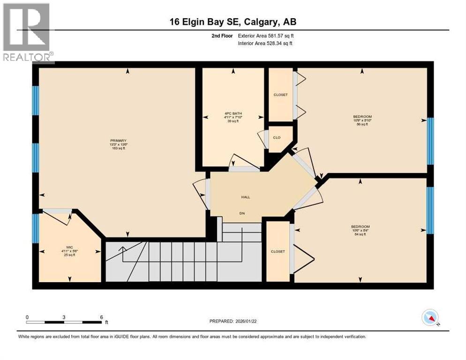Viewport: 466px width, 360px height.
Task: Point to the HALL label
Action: pos(246,197)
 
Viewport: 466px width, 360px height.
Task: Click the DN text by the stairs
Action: pos(242,214)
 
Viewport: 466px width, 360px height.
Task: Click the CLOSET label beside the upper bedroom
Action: pos(280,95)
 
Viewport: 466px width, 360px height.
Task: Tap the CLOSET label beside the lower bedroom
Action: pos(278,251)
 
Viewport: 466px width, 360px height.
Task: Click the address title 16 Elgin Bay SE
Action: pos(233,22)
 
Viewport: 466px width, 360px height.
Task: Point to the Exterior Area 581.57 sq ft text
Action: pos(266,36)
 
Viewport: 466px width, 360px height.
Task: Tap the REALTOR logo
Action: pos(27,33)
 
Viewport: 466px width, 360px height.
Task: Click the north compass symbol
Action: pos(430,318)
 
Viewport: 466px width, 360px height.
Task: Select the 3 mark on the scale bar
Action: pos(64,317)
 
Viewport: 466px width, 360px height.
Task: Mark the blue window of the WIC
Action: pos(35,228)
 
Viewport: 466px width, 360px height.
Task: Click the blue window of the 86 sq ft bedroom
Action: pos(430,141)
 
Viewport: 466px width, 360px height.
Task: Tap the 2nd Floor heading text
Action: pos(221,36)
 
